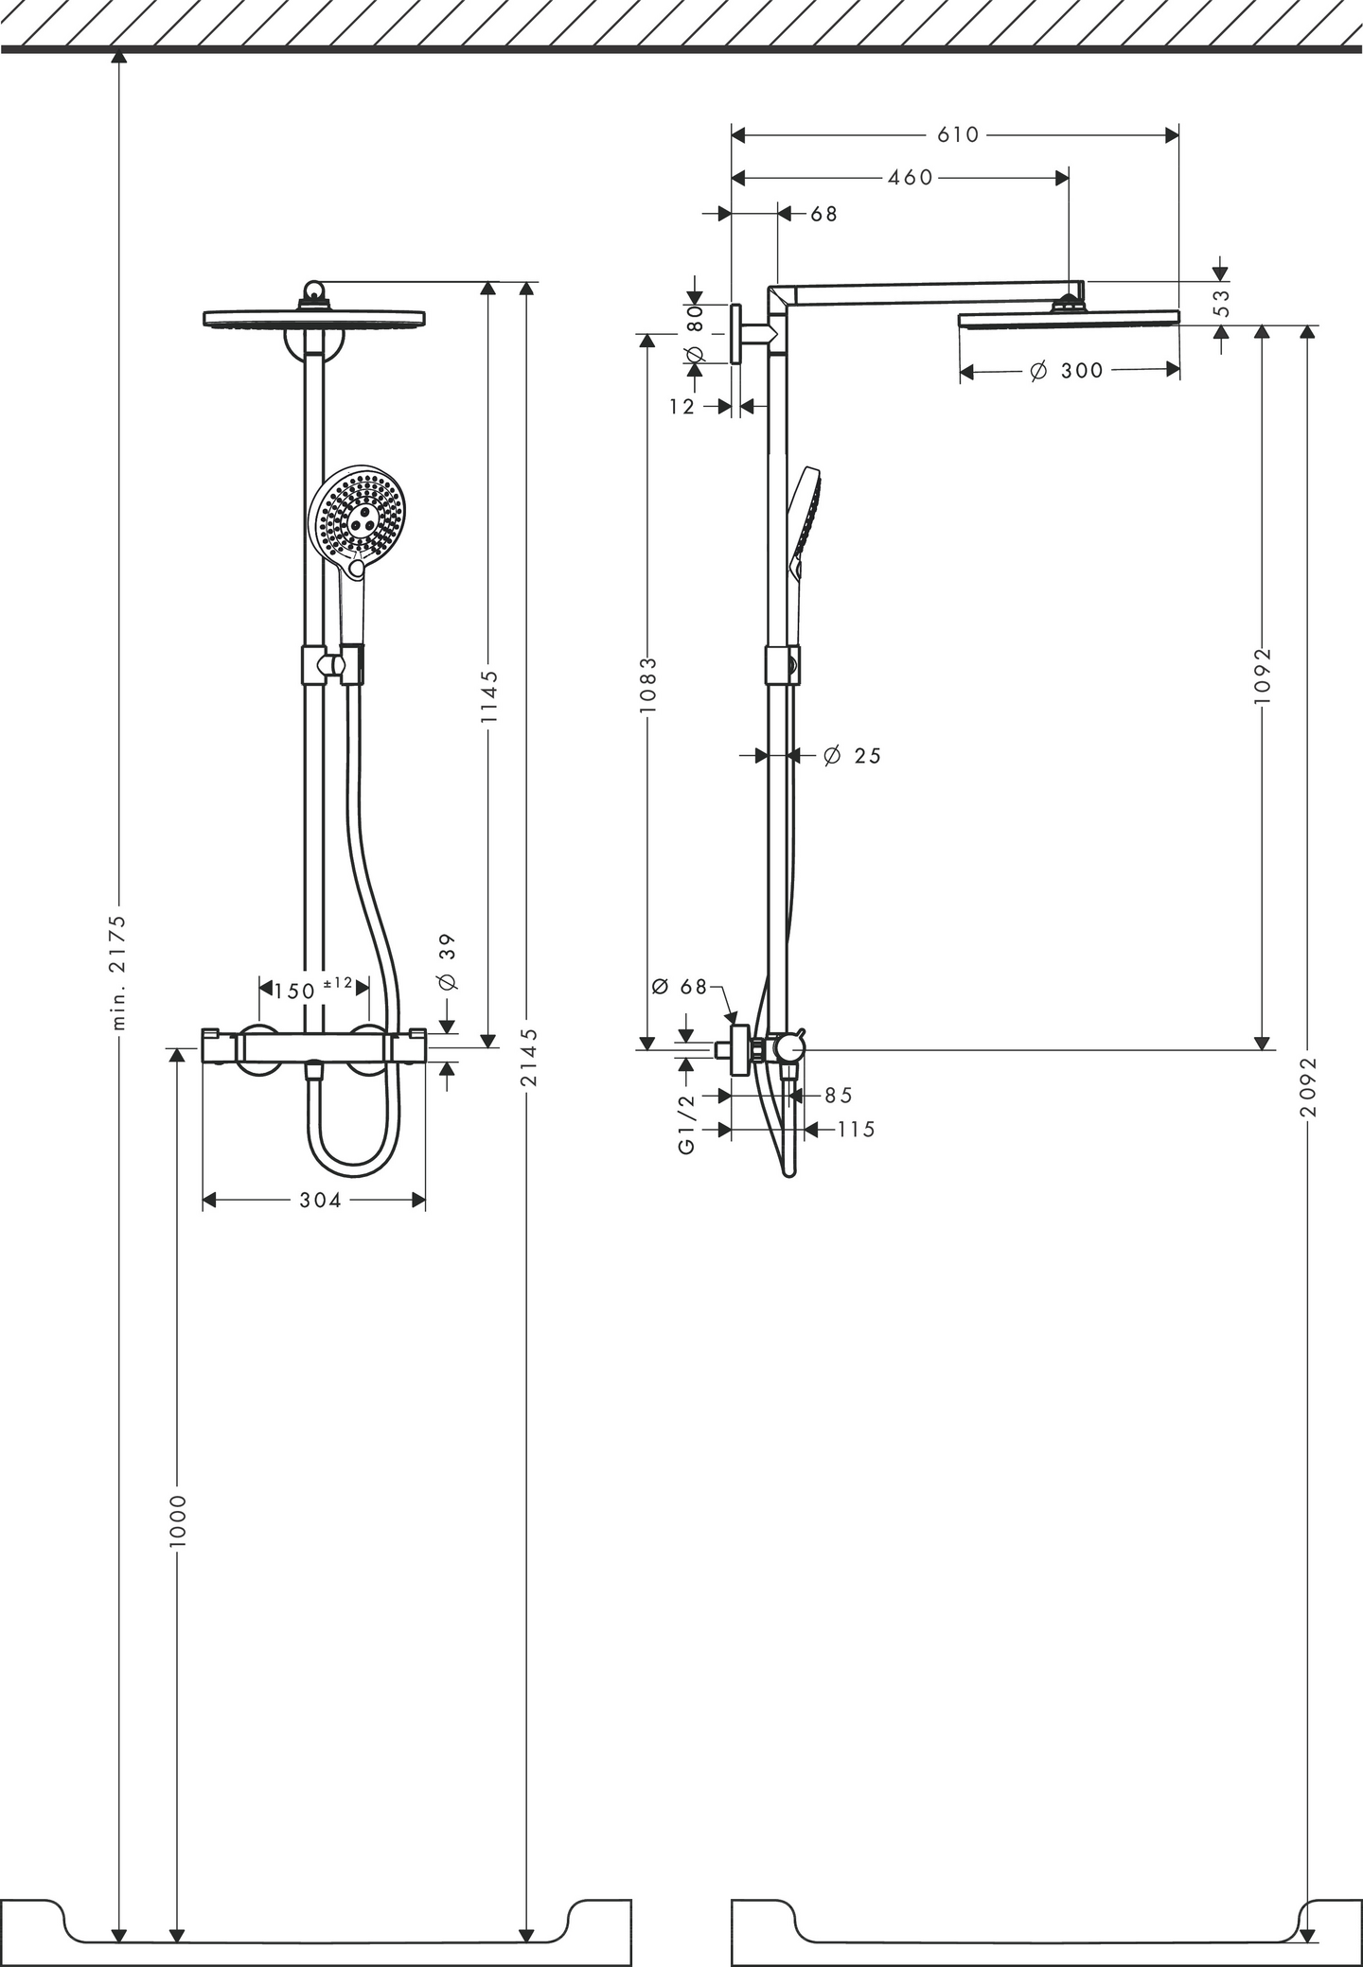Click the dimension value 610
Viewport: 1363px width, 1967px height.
[958, 135]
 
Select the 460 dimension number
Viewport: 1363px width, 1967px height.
[911, 178]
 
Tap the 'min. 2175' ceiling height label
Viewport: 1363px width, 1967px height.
[118, 972]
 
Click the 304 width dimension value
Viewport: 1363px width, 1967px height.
[320, 1201]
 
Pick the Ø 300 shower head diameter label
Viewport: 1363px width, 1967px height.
[1067, 371]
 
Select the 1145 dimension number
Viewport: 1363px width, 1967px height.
[488, 696]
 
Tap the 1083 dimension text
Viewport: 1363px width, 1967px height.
[647, 685]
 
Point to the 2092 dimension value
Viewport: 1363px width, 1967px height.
[1309, 1087]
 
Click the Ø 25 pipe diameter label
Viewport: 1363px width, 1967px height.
[852, 756]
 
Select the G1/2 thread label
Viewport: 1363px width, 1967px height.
[687, 1124]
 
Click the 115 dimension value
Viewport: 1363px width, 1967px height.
[856, 1130]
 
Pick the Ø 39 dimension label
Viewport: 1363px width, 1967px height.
[449, 961]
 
